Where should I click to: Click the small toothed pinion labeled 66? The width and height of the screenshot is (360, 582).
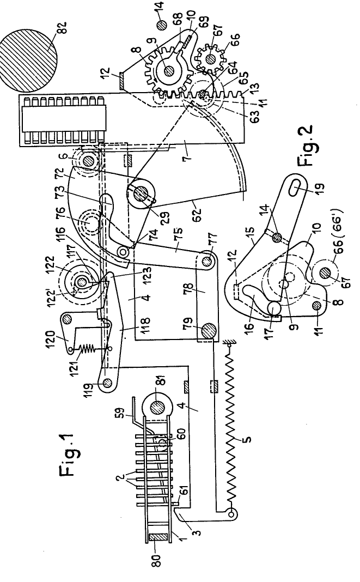pos(210,59)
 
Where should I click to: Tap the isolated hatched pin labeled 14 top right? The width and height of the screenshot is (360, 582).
pos(162,25)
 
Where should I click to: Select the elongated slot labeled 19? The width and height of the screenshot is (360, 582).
pos(296,187)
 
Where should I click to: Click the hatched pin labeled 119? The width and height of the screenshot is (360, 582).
pos(108,383)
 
